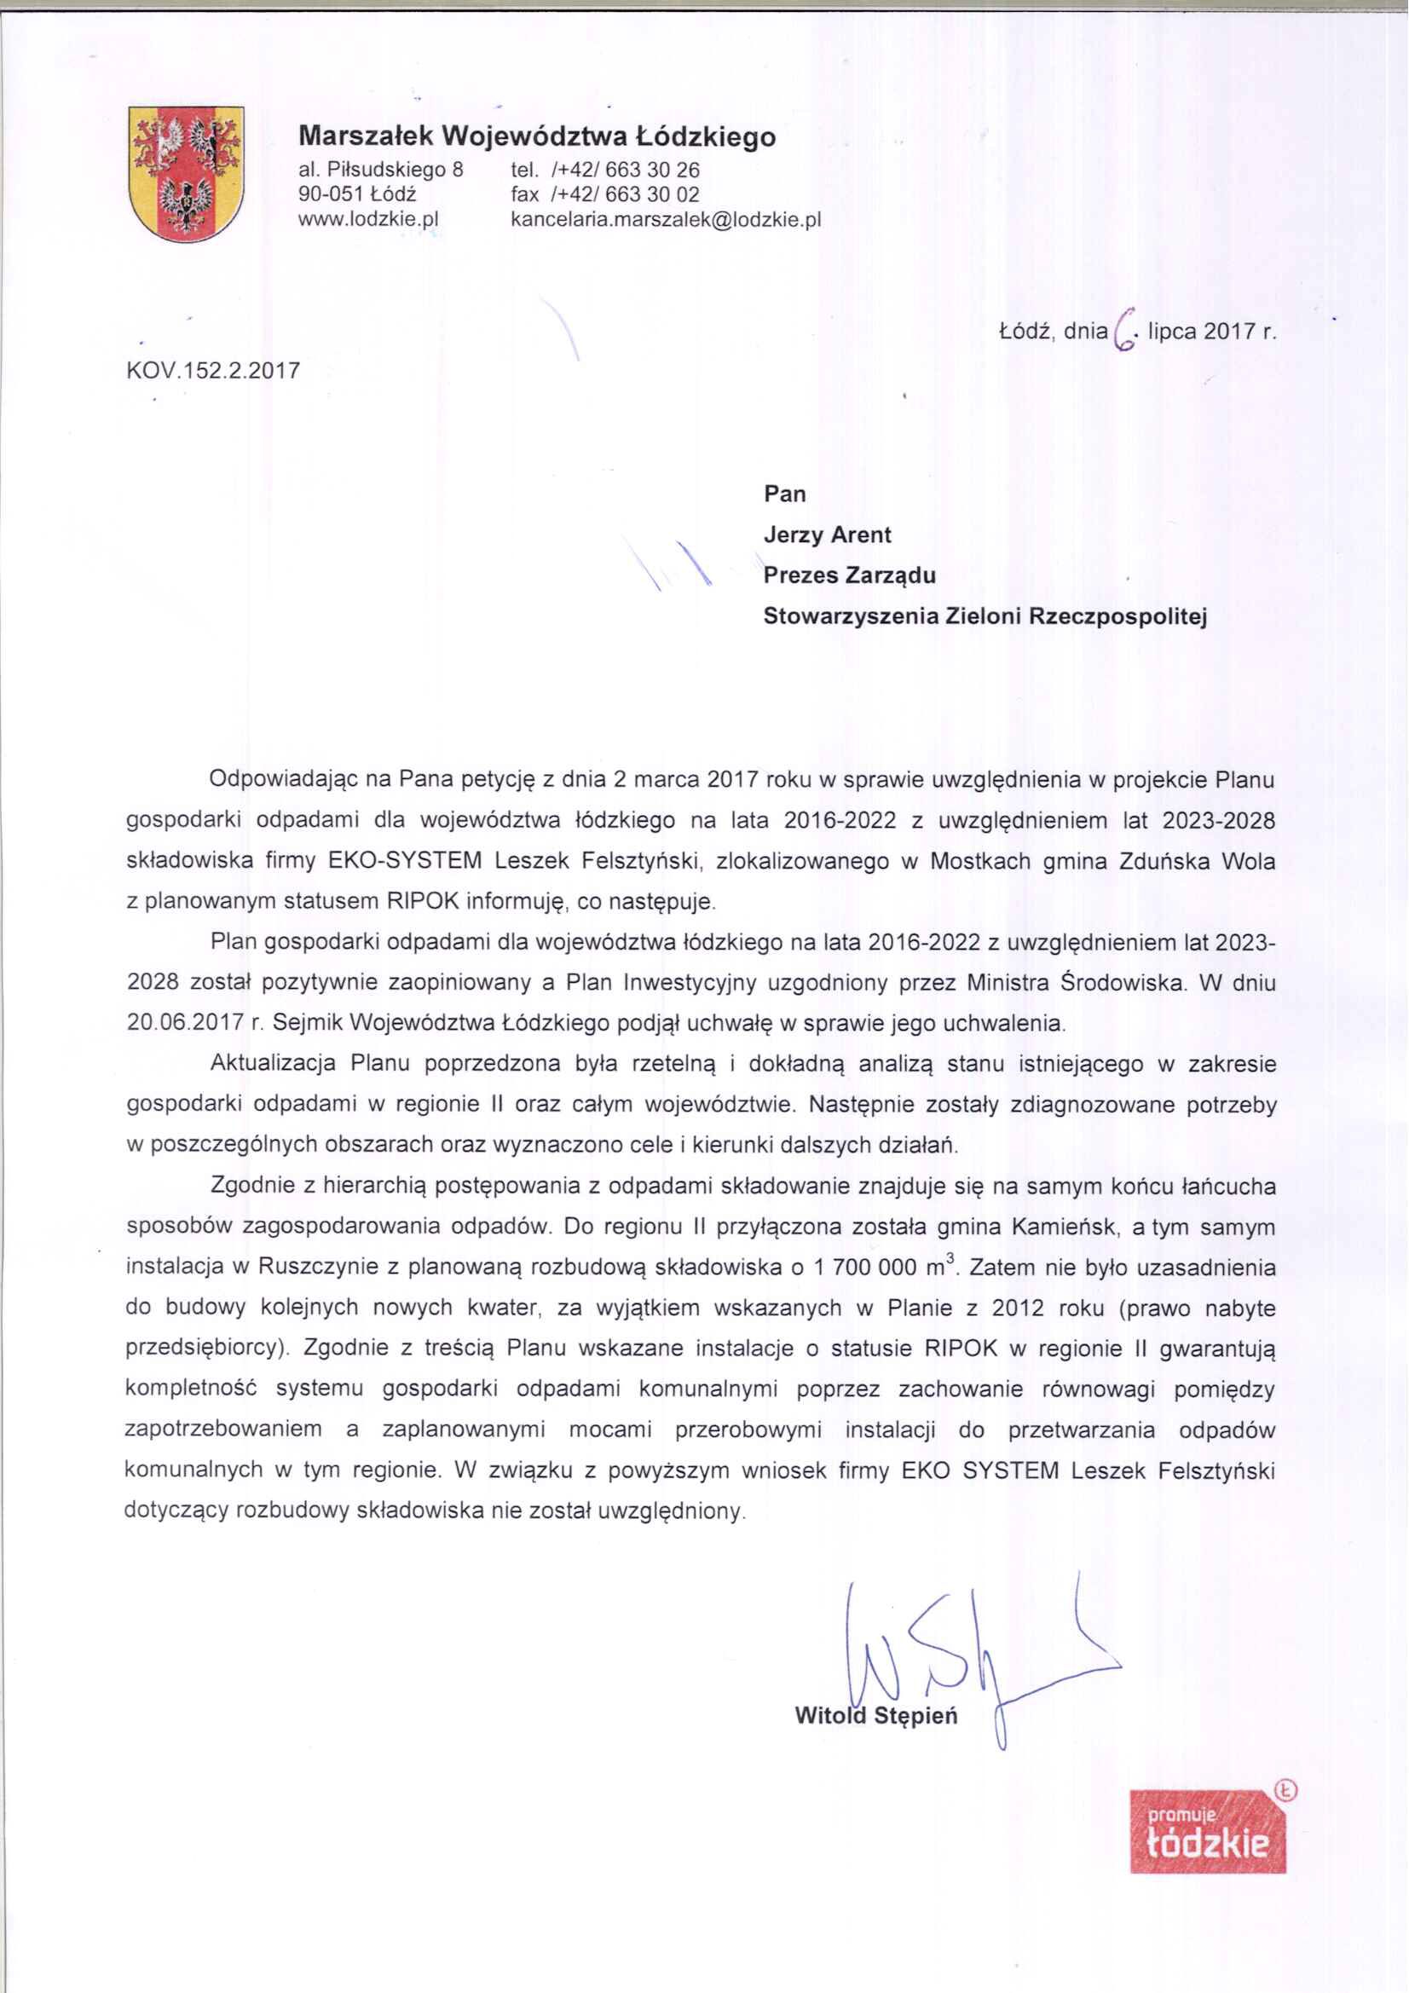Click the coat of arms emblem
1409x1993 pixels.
point(186,174)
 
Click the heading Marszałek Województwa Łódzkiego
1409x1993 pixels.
point(536,136)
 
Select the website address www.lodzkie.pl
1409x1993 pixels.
point(368,220)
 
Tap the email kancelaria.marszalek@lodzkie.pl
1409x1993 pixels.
point(666,220)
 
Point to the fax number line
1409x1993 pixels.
point(605,194)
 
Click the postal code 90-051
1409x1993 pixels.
point(326,194)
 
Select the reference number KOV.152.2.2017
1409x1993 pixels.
point(214,371)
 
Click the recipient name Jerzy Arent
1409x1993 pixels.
point(828,534)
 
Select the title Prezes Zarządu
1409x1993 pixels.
point(850,575)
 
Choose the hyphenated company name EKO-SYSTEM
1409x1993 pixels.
point(406,861)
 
